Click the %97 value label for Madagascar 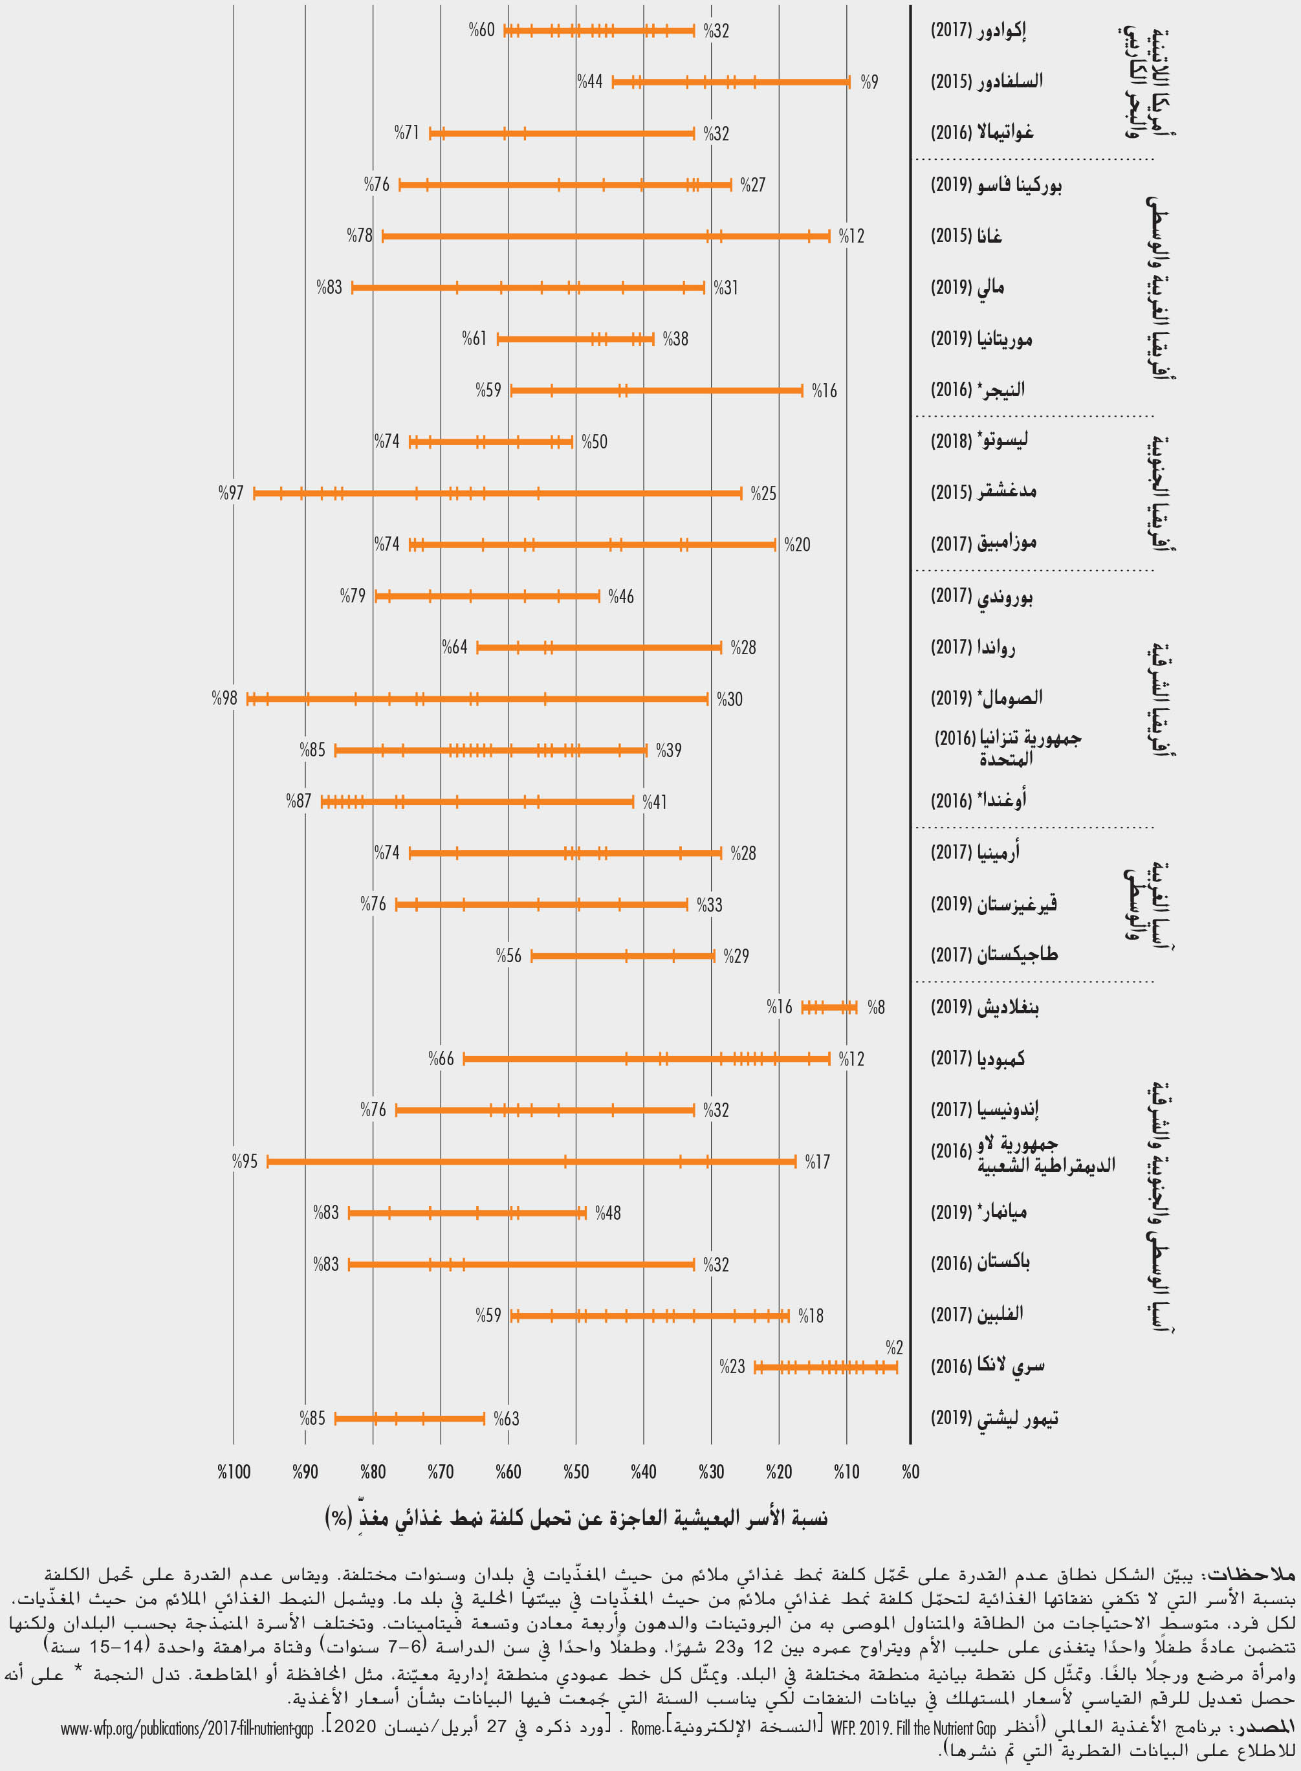coord(231,493)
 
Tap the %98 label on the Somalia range coord(224,698)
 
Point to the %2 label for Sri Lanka coord(894,1347)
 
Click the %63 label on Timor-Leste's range coord(507,1418)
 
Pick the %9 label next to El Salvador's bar coord(869,82)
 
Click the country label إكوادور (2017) coord(978,30)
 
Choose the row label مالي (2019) coord(967,287)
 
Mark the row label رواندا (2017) coord(972,647)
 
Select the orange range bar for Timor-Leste coord(410,1419)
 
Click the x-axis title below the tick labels coord(576,1517)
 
